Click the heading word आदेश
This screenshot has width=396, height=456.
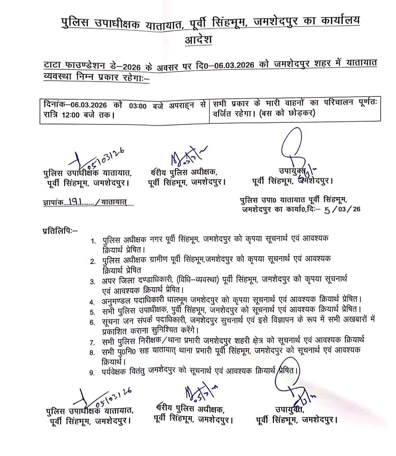click(x=198, y=40)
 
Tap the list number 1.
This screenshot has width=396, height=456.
click(x=93, y=241)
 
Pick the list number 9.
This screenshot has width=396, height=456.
click(x=93, y=373)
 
